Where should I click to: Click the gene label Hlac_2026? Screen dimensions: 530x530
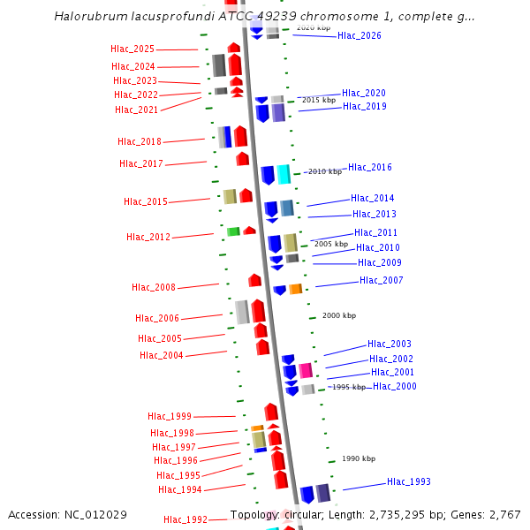coord(360,36)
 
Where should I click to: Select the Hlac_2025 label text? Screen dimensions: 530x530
coord(132,49)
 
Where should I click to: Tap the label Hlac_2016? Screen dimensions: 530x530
coord(370,168)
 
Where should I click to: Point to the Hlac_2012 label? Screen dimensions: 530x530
coord(148,237)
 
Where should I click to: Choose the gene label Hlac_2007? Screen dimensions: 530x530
coord(382,281)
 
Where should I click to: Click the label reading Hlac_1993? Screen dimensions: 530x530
coord(409,482)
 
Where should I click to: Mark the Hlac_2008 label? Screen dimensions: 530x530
coord(154,288)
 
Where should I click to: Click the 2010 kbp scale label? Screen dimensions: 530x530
coord(323,172)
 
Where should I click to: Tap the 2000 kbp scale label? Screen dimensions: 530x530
coord(338,315)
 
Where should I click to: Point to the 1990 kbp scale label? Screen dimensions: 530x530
coord(358,458)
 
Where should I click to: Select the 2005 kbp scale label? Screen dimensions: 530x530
coord(331,244)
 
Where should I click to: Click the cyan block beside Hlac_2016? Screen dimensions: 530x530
coord(284,174)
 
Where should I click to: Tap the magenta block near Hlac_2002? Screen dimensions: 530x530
coord(306,370)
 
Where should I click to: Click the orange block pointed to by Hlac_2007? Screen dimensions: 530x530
coord(296,289)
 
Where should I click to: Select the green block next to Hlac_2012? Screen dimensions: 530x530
coord(233,231)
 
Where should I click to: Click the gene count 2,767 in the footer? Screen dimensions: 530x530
coord(503,515)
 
